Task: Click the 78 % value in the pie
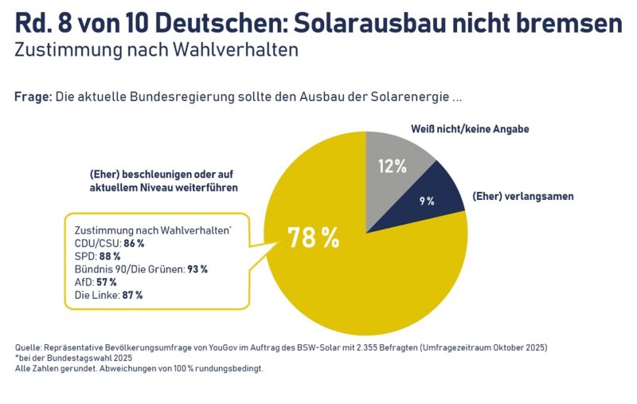point(313,237)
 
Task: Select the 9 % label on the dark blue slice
point(427,202)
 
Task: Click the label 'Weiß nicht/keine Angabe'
point(470,128)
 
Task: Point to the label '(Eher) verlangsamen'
point(522,196)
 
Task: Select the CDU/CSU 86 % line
point(108,243)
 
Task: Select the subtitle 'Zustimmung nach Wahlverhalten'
point(156,49)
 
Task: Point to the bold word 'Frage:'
point(33,96)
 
